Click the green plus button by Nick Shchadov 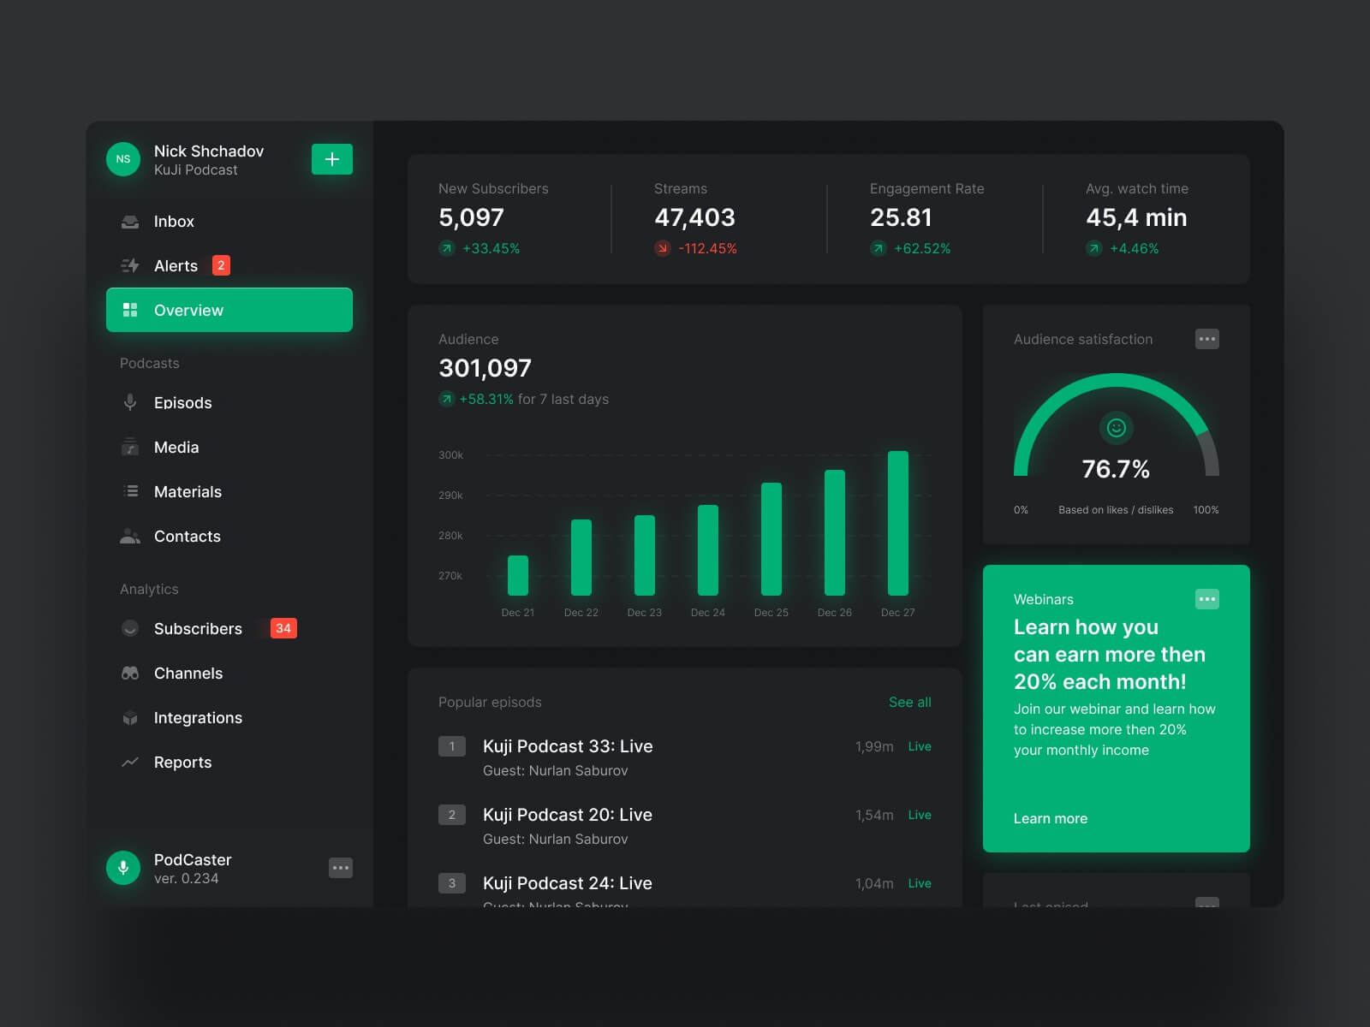tap(332, 159)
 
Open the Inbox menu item tap(174, 222)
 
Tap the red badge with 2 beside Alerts tap(221, 265)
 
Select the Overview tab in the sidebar tap(229, 310)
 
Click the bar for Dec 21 tap(518, 575)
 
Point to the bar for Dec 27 tap(898, 523)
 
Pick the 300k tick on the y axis tap(450, 455)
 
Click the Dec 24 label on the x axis tap(708, 613)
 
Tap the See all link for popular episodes tap(909, 703)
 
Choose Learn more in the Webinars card tap(1051, 819)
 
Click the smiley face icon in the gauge tap(1116, 428)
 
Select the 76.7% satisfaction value tap(1116, 469)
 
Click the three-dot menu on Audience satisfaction tap(1206, 339)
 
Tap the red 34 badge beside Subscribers tap(283, 628)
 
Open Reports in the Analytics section tap(182, 763)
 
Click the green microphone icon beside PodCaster tap(123, 868)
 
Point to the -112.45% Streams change tap(707, 249)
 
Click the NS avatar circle tap(123, 159)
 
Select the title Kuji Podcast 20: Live tap(568, 815)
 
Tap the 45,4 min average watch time tap(1136, 217)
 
